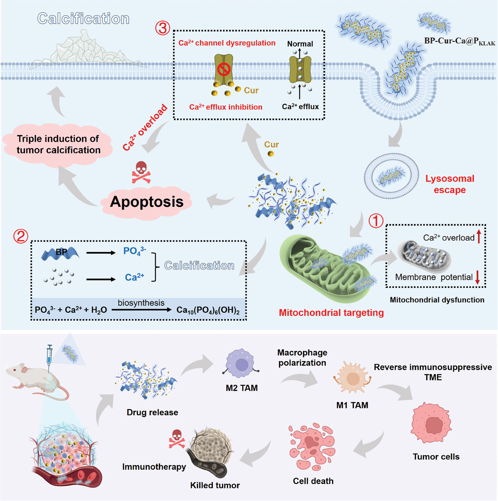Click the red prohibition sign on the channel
224,69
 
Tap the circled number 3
162,28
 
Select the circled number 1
376,221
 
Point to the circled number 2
21,236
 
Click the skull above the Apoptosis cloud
141,172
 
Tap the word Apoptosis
147,201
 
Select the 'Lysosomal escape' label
450,184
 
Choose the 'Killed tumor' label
215,485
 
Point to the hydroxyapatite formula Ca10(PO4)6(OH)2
208,310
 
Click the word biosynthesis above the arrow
141,303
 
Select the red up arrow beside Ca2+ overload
479,236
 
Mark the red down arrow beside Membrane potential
478,277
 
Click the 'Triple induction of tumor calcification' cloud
58,145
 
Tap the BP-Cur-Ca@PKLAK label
459,41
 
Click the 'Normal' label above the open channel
300,44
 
